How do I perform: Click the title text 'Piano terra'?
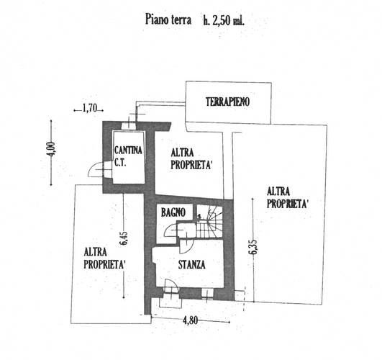tap(168, 19)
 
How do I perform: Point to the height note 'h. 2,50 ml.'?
tap(224, 21)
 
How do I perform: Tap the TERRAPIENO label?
tap(227, 102)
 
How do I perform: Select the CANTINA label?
tap(128, 150)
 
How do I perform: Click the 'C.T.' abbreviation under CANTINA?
tap(120, 163)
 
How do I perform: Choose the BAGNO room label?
tap(173, 212)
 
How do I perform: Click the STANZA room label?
tap(192, 265)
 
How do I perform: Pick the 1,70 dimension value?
tap(90, 108)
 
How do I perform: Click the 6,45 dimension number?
tap(124, 238)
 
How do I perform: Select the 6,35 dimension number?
tap(254, 246)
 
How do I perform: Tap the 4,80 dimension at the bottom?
tap(190, 320)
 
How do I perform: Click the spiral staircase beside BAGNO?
tap(209, 221)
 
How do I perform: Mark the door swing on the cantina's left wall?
tap(96, 169)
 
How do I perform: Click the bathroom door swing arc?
tap(171, 230)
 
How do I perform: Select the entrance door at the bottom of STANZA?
tap(172, 286)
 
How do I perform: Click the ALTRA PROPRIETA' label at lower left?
tap(105, 258)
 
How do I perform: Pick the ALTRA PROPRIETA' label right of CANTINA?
tap(191, 159)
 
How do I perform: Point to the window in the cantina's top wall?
tap(129, 125)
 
